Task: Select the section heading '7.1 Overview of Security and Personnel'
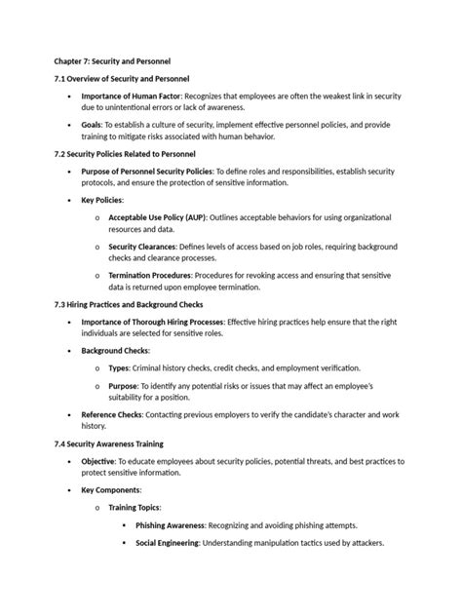tap(121, 78)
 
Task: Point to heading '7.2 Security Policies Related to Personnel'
tap(127, 155)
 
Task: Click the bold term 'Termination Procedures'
tap(151, 277)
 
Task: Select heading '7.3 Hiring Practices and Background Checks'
tap(129, 305)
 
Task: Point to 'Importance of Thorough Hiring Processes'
tap(152, 323)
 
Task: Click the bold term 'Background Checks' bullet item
tap(115, 349)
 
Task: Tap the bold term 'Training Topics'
tap(135, 508)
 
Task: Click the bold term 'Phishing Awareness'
tap(171, 525)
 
